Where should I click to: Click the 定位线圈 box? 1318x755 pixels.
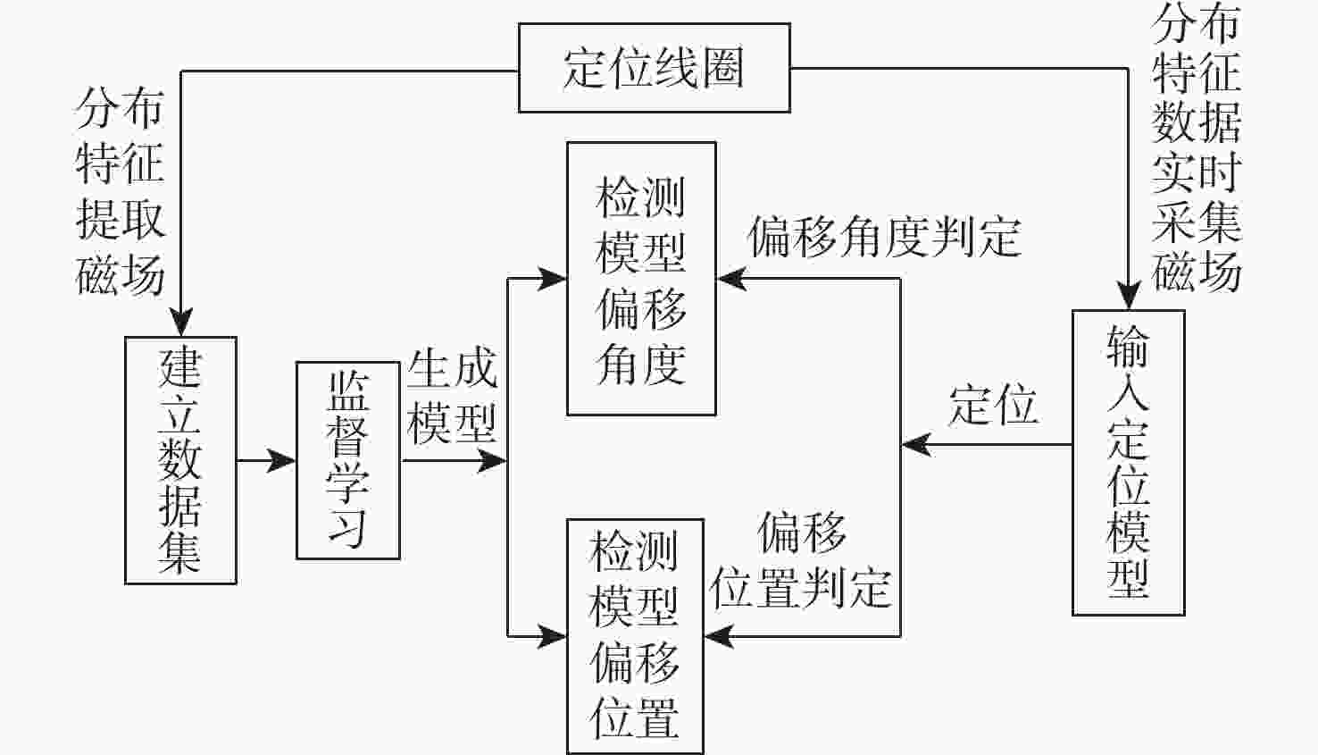(x=654, y=68)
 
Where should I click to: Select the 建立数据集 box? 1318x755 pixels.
(x=180, y=460)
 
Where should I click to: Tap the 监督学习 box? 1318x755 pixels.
(x=347, y=460)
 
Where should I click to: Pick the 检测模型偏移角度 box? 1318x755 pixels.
(x=641, y=278)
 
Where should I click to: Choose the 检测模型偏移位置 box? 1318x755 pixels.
(x=635, y=635)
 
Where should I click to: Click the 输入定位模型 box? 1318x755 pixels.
(x=1128, y=462)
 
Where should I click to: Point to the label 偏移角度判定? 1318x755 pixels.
(x=883, y=237)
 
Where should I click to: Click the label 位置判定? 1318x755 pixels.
(x=801, y=588)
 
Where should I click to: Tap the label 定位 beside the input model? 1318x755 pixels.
(x=993, y=405)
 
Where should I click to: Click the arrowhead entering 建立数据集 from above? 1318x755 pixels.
(x=181, y=323)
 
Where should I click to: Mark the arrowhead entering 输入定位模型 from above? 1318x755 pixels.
(x=1130, y=297)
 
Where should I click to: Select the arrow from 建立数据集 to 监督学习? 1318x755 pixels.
(x=267, y=461)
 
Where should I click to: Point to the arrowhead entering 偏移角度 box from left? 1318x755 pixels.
(x=554, y=279)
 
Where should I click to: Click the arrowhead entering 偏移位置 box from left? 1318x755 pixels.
(x=554, y=636)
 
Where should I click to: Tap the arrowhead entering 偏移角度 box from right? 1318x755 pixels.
(x=731, y=279)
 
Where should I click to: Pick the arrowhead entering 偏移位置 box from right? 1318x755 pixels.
(x=719, y=636)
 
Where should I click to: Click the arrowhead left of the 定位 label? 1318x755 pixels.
(x=915, y=444)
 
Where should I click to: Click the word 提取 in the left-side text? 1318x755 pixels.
(x=121, y=218)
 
